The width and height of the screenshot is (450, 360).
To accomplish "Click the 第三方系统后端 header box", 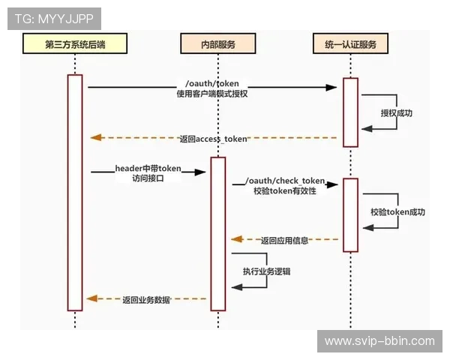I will [x=75, y=45].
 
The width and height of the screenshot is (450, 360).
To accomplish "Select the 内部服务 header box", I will [x=217, y=45].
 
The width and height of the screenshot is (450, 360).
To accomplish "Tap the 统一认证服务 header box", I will [x=350, y=45].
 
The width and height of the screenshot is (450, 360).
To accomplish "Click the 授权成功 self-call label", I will [x=396, y=113].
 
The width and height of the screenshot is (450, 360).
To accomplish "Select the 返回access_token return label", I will [x=213, y=139].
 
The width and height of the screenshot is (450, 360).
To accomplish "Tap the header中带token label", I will [x=148, y=167].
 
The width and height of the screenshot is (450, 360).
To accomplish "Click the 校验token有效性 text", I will [x=284, y=191].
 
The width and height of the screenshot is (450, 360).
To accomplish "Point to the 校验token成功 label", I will [x=397, y=212].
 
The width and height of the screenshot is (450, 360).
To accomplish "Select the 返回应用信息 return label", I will [x=284, y=241].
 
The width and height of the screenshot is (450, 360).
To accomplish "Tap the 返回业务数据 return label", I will [x=146, y=299].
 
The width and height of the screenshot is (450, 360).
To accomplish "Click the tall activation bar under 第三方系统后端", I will [x=75, y=192].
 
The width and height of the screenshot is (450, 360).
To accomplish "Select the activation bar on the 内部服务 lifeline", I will [x=217, y=232].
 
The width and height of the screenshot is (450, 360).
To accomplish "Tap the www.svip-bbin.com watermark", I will [x=379, y=341].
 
